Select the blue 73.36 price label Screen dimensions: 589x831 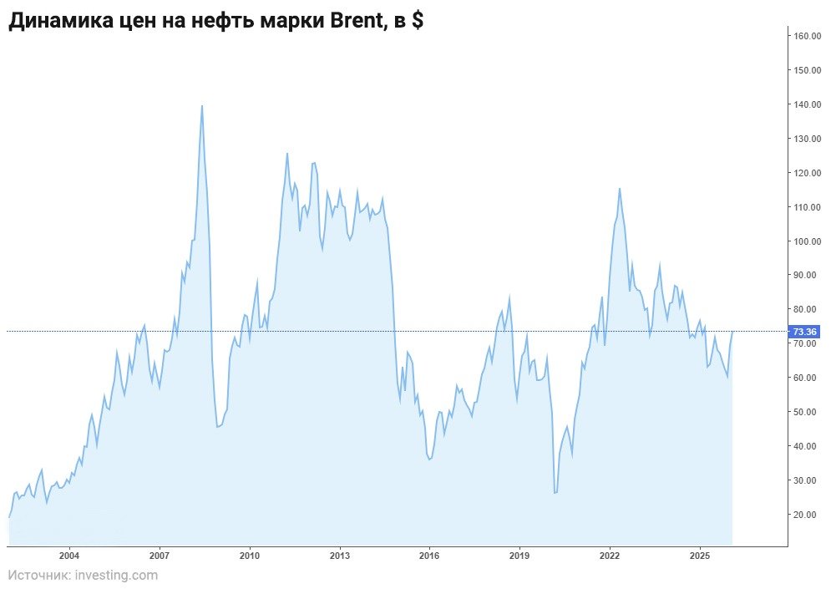(805, 332)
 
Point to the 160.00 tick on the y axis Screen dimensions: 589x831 (808, 36)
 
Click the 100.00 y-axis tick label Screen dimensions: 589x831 (808, 241)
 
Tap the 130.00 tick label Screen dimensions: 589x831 (808, 139)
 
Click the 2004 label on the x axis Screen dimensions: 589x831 (69, 556)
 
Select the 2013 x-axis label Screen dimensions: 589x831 (339, 556)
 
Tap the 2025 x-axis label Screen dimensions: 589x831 (700, 556)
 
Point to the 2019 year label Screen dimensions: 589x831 (519, 556)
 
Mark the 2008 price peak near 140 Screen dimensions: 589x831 (201, 106)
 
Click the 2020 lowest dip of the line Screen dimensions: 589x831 (555, 493)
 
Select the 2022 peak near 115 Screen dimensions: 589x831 (619, 189)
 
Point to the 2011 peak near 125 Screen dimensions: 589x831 (287, 154)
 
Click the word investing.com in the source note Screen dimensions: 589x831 (115, 575)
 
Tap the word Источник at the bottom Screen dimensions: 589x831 (38, 575)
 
